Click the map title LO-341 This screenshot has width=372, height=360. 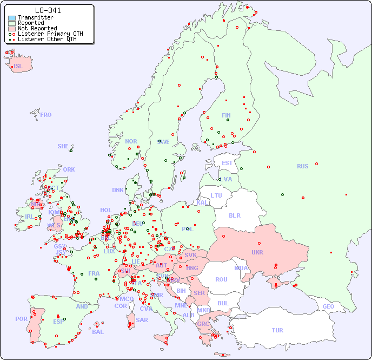tap(48, 10)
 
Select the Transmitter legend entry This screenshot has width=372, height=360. tap(35, 17)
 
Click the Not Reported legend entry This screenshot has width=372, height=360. tap(37, 28)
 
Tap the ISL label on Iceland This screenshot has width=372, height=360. tap(18, 67)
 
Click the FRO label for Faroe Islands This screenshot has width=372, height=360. tap(46, 115)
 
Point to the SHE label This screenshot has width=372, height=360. tap(63, 146)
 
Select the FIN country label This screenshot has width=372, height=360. tap(226, 115)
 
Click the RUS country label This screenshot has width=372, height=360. tap(302, 166)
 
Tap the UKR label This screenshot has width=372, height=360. tap(257, 252)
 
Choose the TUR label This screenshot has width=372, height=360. tap(277, 330)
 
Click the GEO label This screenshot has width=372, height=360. tap(328, 306)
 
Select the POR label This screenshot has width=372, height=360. tap(21, 319)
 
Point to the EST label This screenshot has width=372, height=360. tap(227, 163)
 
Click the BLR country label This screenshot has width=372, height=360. tap(235, 215)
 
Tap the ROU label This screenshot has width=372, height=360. tap(221, 279)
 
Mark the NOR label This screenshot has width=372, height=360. tap(131, 141)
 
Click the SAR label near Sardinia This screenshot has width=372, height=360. tap(142, 320)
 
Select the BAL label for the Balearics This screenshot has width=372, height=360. tap(97, 332)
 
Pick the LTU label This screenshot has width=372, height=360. tap(216, 195)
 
